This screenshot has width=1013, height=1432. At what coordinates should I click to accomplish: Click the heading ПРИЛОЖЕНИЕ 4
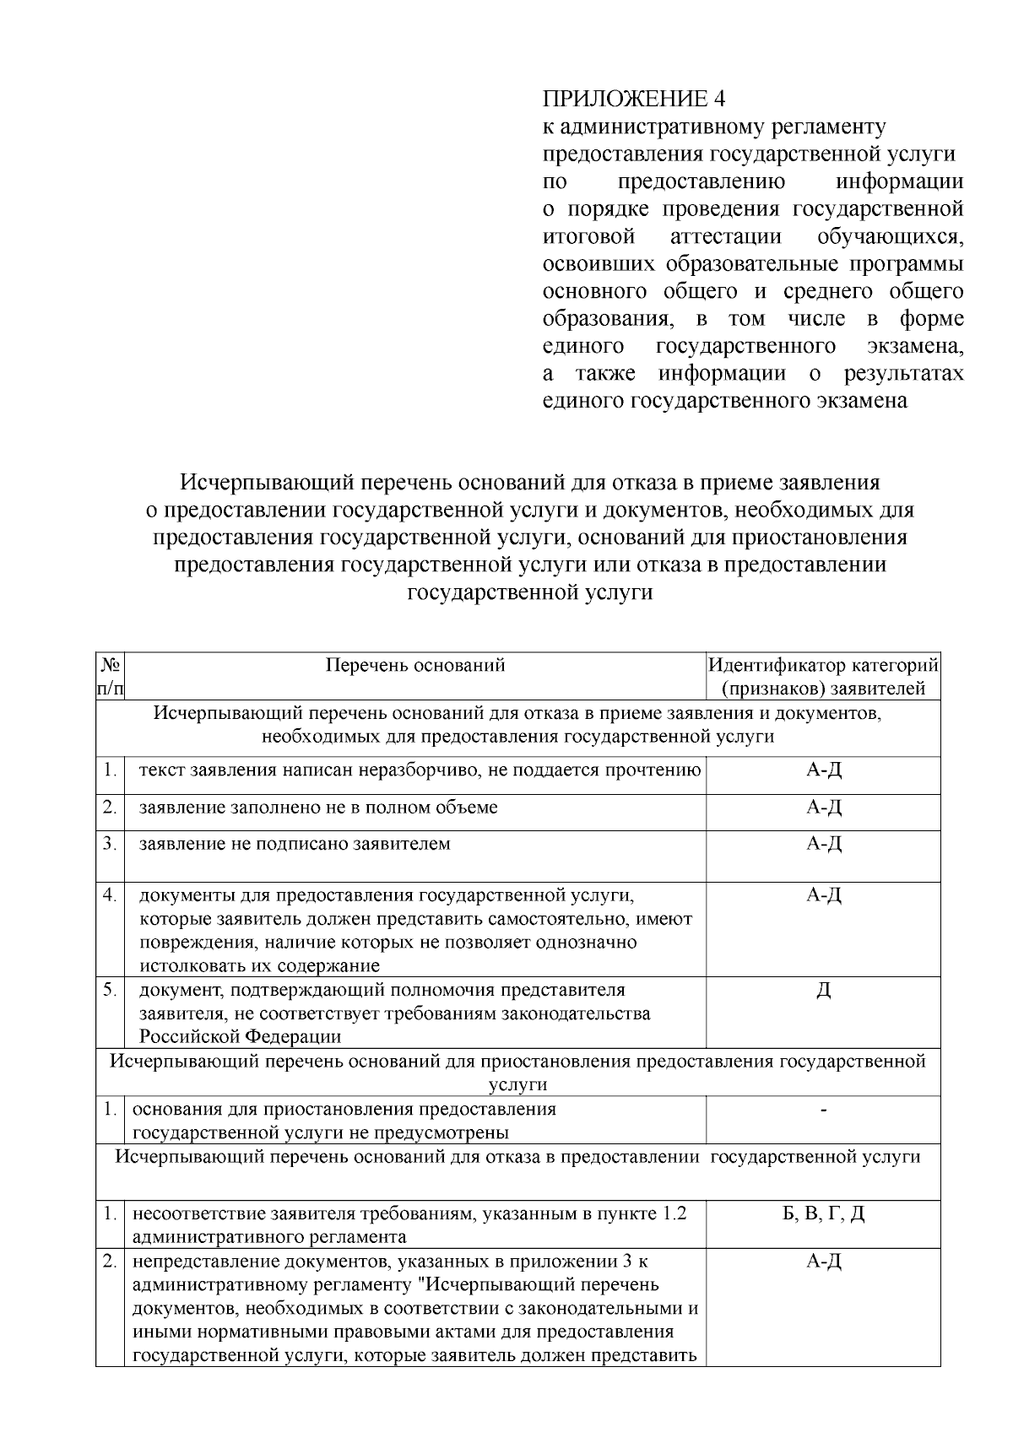(x=633, y=99)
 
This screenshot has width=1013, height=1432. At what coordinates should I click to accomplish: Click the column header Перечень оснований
(x=415, y=665)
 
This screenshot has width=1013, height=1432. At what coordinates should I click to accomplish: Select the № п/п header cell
(x=111, y=677)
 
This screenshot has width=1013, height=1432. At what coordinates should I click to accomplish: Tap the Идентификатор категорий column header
(x=823, y=677)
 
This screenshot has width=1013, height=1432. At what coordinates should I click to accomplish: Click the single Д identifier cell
(x=823, y=991)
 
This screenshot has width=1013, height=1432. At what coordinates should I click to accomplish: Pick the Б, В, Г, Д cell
(x=823, y=1213)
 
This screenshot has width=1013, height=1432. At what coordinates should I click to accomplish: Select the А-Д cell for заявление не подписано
(x=823, y=844)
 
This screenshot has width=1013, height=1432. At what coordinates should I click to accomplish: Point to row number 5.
(x=110, y=990)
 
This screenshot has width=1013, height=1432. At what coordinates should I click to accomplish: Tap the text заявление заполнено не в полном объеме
(x=318, y=808)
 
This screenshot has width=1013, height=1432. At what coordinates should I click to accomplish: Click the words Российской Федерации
(x=241, y=1036)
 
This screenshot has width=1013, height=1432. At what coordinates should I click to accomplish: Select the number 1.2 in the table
(x=674, y=1213)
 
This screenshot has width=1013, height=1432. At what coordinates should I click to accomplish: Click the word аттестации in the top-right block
(x=726, y=236)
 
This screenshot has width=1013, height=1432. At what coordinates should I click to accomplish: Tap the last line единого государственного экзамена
(x=724, y=401)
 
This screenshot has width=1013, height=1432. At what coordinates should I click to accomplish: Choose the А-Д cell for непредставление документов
(x=823, y=1262)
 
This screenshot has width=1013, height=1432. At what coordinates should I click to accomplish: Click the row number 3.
(x=110, y=844)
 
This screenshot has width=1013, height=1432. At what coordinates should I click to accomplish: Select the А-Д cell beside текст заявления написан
(x=823, y=770)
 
